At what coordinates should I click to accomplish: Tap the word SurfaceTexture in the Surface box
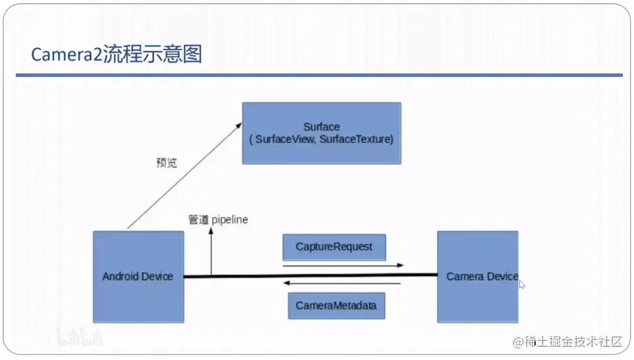pos(356,139)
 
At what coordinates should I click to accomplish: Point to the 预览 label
pos(166,164)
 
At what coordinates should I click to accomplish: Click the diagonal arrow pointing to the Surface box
pos(184,176)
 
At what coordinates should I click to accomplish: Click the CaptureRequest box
pos(334,247)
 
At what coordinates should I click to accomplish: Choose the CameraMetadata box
pos(336,306)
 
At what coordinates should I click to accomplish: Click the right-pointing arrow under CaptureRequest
pos(342,265)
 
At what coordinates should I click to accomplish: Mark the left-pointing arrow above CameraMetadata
pos(342,283)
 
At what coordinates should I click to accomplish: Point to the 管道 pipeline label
pos(218,220)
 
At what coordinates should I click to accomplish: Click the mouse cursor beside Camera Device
pos(522,284)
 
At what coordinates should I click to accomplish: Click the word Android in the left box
pos(120,276)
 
